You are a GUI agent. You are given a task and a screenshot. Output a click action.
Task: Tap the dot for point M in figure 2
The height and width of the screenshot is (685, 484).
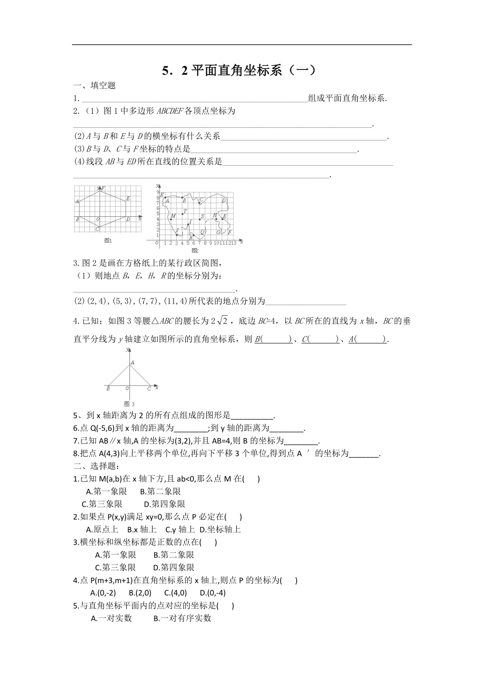pyautogui.click(x=170, y=219)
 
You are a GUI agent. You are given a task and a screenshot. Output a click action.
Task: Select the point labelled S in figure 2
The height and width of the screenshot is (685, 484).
pyautogui.click(x=199, y=219)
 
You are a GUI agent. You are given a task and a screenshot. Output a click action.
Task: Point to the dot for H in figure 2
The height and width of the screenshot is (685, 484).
pyautogui.click(x=216, y=219)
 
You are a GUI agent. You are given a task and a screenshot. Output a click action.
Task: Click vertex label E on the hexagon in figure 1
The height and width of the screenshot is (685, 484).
pyautogui.click(x=128, y=198)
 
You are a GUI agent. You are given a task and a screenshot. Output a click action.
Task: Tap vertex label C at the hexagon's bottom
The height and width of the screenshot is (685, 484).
pyautogui.click(x=97, y=229)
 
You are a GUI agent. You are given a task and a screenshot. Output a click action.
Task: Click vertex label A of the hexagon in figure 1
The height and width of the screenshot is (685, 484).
pyautogui.click(x=77, y=201)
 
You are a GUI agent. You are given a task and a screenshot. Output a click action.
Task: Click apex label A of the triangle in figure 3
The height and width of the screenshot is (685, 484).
pyautogui.click(x=132, y=362)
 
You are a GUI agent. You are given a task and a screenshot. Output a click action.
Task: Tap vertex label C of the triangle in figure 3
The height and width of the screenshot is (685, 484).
pyautogui.click(x=149, y=389)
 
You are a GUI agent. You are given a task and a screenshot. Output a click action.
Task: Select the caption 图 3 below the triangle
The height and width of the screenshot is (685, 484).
pyautogui.click(x=134, y=404)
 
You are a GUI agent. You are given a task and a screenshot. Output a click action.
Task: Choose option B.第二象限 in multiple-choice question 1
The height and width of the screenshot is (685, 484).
pyautogui.click(x=160, y=491)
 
